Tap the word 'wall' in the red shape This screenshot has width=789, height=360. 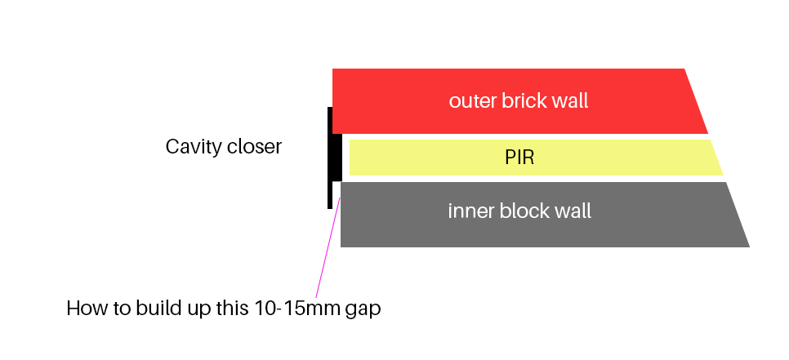(x=569, y=102)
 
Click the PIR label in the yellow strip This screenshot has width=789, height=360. (x=519, y=158)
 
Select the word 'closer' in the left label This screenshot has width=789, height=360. (x=256, y=147)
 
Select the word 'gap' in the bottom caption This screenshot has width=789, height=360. (x=364, y=309)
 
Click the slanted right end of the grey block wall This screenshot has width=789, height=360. (x=735, y=214)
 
